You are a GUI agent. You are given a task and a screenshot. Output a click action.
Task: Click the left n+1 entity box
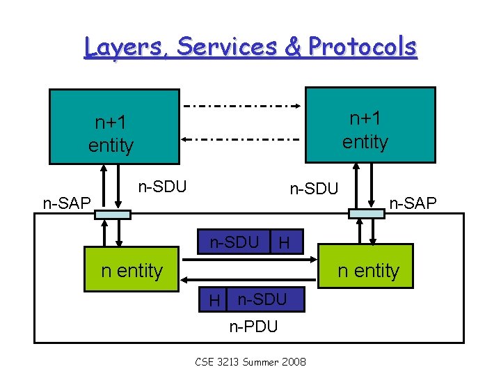tap(113, 127)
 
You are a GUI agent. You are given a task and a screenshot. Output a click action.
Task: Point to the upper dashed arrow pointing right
tap(242, 107)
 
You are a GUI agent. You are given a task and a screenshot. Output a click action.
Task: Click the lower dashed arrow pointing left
tap(242, 139)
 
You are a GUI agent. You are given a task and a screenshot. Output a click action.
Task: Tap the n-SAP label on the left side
tap(67, 203)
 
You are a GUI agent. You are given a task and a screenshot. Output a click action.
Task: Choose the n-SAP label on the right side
tap(413, 203)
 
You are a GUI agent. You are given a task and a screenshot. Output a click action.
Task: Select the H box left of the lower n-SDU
tap(215, 300)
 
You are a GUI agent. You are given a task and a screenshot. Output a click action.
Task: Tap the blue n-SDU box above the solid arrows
tap(235, 242)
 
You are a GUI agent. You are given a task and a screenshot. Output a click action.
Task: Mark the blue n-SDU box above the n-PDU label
tap(261, 299)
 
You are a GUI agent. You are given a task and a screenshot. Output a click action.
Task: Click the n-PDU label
tap(253, 326)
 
